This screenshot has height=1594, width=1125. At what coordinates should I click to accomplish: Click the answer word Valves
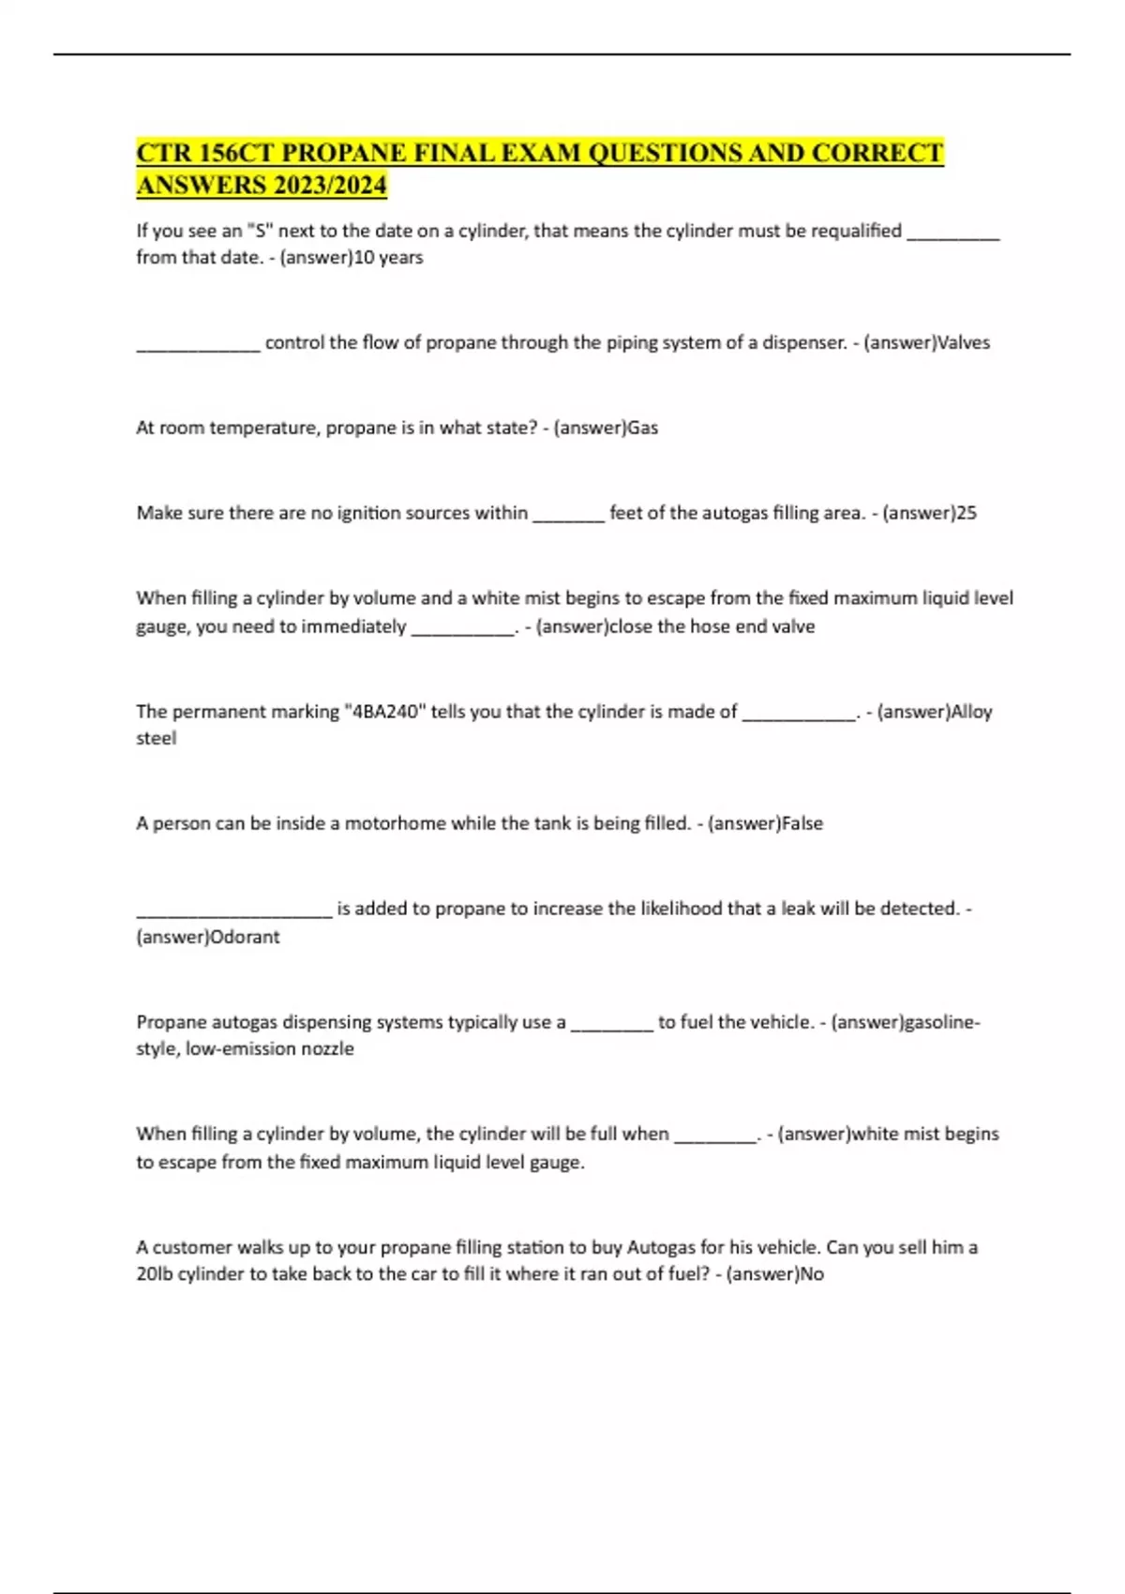click(964, 343)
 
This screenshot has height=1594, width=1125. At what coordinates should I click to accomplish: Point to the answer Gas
click(643, 429)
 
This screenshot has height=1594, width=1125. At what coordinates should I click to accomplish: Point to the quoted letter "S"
click(259, 231)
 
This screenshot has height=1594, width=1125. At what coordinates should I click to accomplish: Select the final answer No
click(812, 1275)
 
